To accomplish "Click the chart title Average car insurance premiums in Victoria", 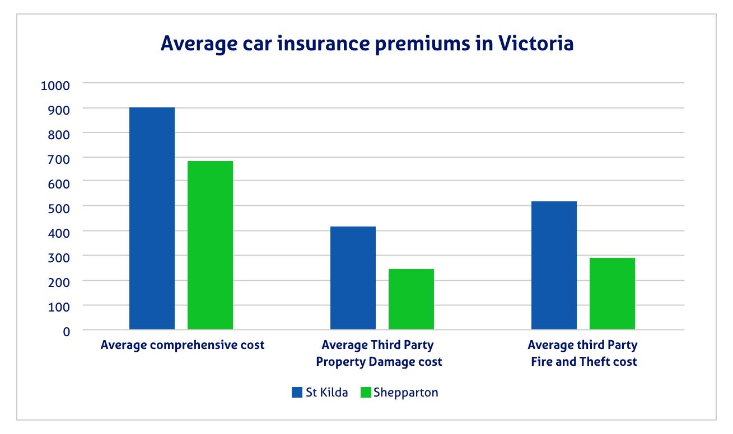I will pyautogui.click(x=367, y=44).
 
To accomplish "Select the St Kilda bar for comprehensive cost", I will pyautogui.click(x=152, y=218).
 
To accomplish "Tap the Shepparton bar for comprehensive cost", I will pyautogui.click(x=210, y=245).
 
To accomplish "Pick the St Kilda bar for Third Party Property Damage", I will pyautogui.click(x=353, y=278).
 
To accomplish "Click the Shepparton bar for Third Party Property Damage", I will pyautogui.click(x=411, y=299).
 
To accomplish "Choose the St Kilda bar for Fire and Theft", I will pyautogui.click(x=554, y=265).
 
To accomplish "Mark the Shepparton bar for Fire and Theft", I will pyautogui.click(x=612, y=294).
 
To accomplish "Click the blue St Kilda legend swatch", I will pyautogui.click(x=297, y=393).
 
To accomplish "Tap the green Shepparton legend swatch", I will pyautogui.click(x=366, y=393).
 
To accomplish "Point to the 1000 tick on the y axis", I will pyautogui.click(x=55, y=86).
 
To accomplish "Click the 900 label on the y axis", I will pyautogui.click(x=58, y=110).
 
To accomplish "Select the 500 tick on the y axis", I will pyautogui.click(x=58, y=208).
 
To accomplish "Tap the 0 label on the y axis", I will pyautogui.click(x=66, y=331).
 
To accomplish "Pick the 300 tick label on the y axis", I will pyautogui.click(x=58, y=257).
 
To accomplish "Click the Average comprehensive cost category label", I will pyautogui.click(x=183, y=345).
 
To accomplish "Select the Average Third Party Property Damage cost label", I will pyautogui.click(x=379, y=353).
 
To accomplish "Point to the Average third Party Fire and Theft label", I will pyautogui.click(x=583, y=353).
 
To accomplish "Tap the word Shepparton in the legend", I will pyautogui.click(x=405, y=393).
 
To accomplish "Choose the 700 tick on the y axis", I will pyautogui.click(x=58, y=159).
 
